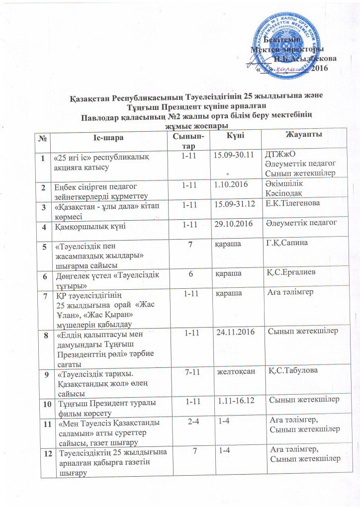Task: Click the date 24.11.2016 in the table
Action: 234,331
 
